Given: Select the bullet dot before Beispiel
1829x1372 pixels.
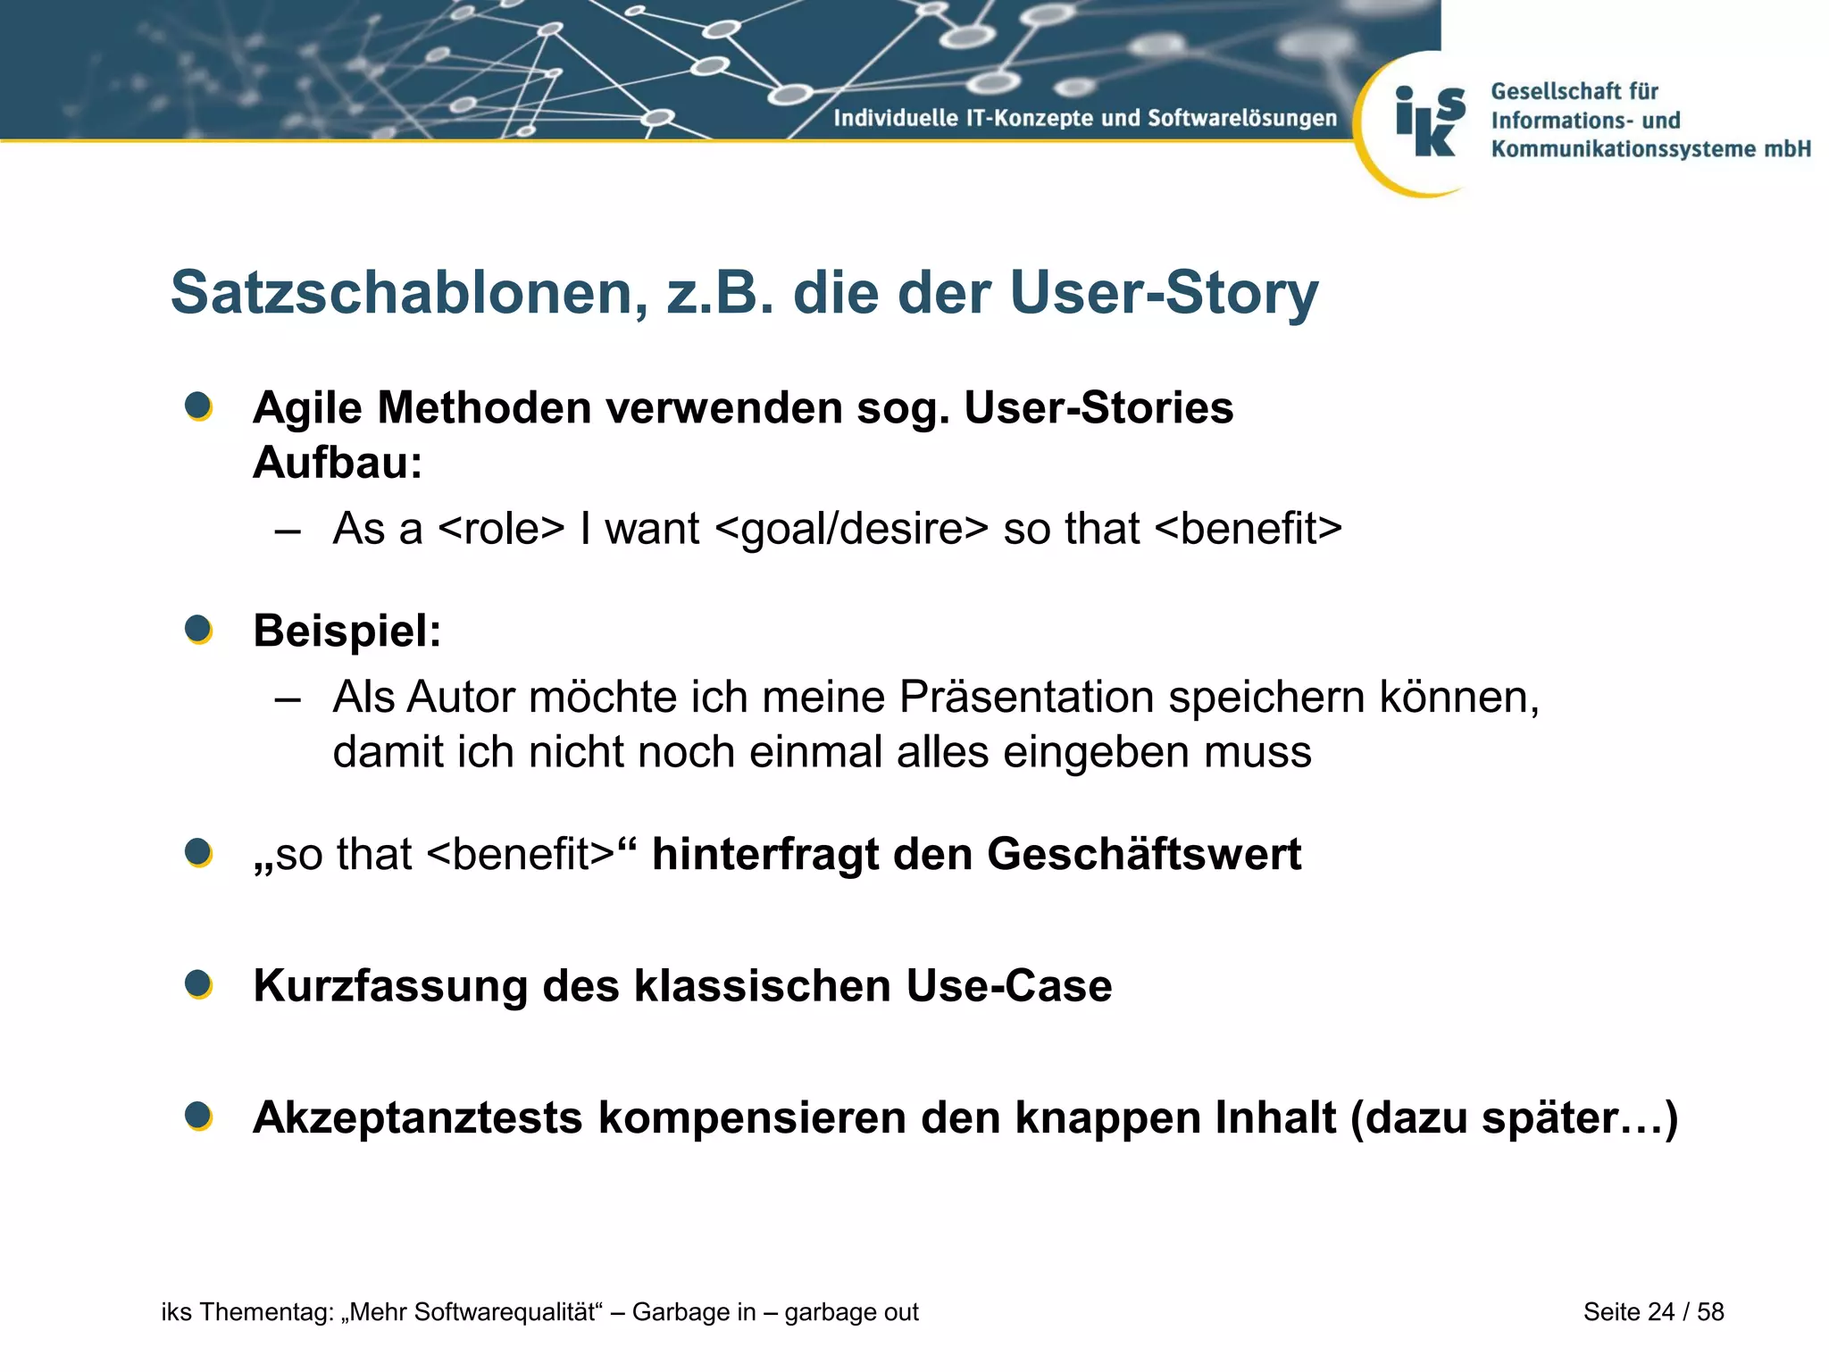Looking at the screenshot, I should [198, 629].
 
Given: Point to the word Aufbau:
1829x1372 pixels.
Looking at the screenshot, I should [338, 463].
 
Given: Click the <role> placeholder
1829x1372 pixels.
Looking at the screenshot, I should [501, 528].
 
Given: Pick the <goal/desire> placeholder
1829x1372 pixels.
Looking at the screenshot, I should [852, 528].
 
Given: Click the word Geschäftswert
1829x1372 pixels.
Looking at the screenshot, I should [1144, 854].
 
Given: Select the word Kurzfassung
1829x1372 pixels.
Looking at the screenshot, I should [390, 986].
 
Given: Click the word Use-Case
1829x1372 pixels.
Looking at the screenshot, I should [1008, 986].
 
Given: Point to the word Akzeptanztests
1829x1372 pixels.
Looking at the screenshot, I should [417, 1117].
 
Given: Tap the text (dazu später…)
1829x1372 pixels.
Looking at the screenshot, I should [1514, 1117].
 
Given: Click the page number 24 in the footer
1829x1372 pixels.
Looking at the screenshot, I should [1660, 1311].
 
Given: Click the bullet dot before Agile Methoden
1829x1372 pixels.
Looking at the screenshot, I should [198, 406].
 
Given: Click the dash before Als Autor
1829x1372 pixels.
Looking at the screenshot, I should [288, 697].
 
